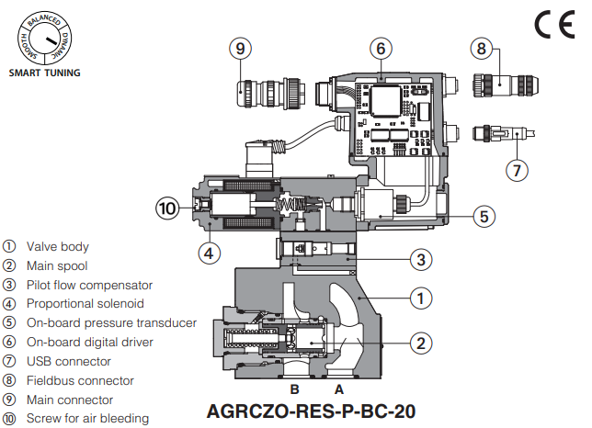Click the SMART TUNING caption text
point(44,73)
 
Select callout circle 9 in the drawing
point(241,47)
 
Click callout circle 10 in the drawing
point(166,209)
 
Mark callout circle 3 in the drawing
point(420,260)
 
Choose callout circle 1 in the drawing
point(420,298)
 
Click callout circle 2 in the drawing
point(420,344)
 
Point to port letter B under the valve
point(295,389)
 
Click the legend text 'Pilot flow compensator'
point(89,285)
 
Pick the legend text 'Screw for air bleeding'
point(87,419)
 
